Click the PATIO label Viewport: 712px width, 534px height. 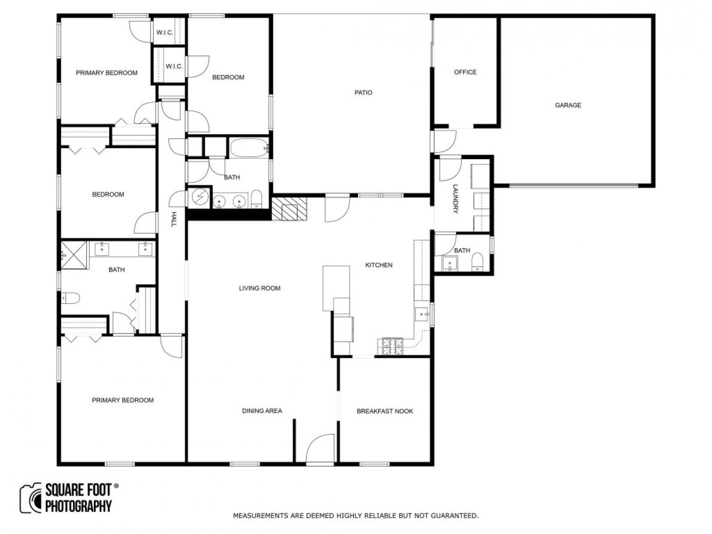363,93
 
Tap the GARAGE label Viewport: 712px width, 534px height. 567,105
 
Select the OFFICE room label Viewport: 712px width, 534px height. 465,72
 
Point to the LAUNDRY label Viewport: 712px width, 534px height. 455,199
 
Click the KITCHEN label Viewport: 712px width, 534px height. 379,265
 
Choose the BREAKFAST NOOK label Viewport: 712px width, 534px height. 384,411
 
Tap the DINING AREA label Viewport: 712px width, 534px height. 262,411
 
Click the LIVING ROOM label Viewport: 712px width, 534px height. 259,288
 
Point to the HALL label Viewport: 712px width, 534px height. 174,219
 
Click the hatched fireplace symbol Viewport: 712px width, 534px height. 289,209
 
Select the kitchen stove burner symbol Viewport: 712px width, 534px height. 392,346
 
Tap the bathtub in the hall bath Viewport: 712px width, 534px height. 249,148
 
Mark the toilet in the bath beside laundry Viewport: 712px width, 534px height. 477,261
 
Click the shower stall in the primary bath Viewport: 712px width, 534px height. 74,255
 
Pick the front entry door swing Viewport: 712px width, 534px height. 320,449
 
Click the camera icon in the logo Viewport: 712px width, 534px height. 31,498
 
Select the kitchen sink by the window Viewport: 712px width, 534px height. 422,314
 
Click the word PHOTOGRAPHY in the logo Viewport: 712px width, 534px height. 78,506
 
